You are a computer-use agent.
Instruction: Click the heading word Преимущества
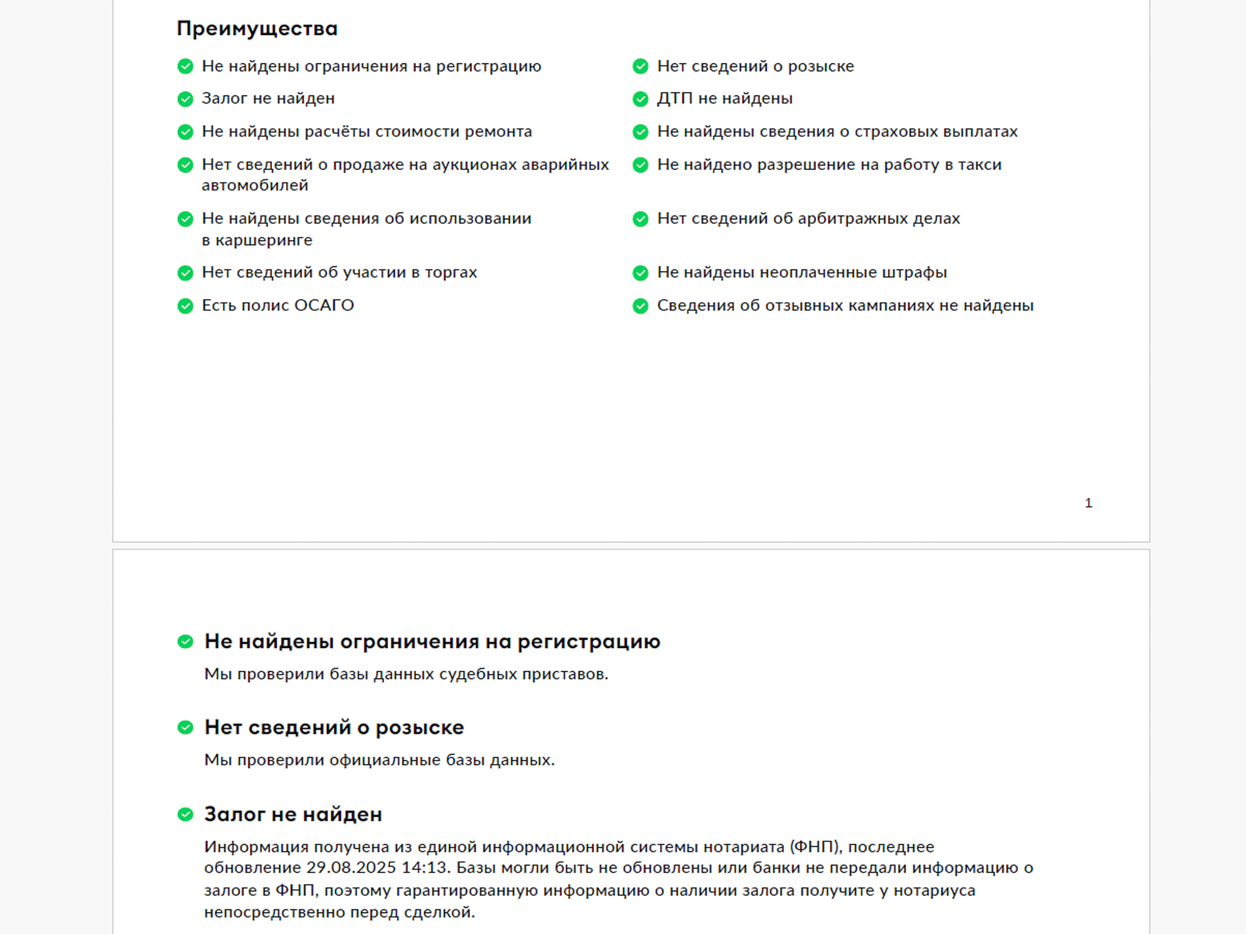click(x=257, y=29)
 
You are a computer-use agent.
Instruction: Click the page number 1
click(x=1088, y=503)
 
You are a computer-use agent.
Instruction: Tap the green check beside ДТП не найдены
click(x=641, y=99)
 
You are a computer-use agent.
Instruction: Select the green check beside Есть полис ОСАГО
click(x=186, y=305)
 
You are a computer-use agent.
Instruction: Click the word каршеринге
click(x=263, y=241)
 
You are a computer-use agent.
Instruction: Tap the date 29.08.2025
click(x=351, y=868)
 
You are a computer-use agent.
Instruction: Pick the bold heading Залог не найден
click(x=293, y=814)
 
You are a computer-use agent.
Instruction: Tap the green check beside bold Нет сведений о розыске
click(x=186, y=728)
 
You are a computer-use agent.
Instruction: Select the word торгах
click(x=451, y=272)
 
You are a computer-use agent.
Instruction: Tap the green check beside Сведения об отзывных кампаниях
click(x=641, y=305)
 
